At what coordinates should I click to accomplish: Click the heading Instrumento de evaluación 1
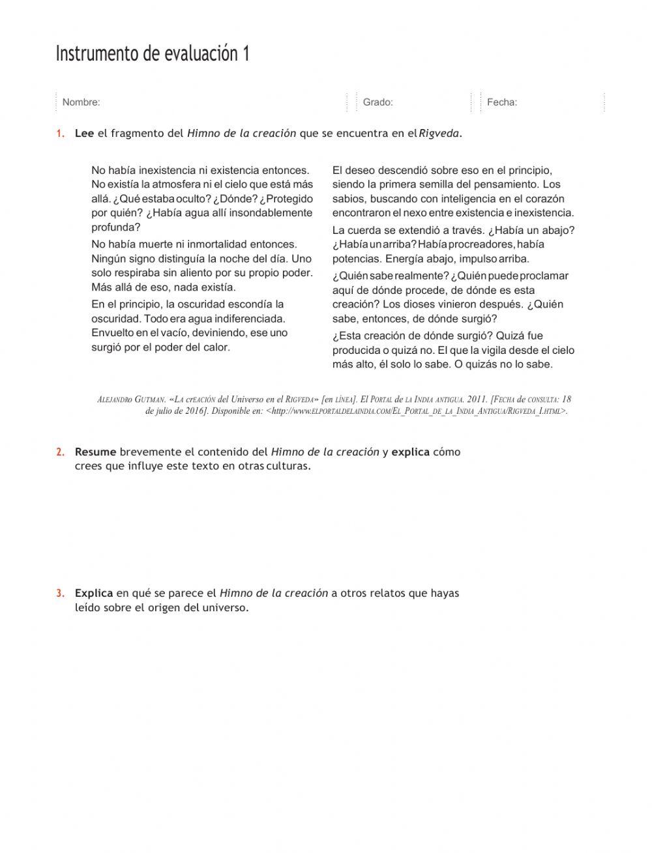[x=153, y=54]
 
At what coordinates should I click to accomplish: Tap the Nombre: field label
[x=81, y=102]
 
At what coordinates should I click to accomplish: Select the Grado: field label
[x=378, y=102]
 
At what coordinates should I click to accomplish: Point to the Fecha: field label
[x=502, y=102]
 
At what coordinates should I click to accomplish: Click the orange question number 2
[x=60, y=452]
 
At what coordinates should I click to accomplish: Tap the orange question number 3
[x=60, y=594]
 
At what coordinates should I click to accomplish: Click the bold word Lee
[x=84, y=134]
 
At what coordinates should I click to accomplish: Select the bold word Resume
[x=95, y=452]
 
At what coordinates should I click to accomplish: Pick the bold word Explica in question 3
[x=94, y=594]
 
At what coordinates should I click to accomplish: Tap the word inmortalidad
[x=218, y=244]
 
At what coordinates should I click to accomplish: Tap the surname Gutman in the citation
[x=150, y=399]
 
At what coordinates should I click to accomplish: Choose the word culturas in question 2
[x=288, y=467]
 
